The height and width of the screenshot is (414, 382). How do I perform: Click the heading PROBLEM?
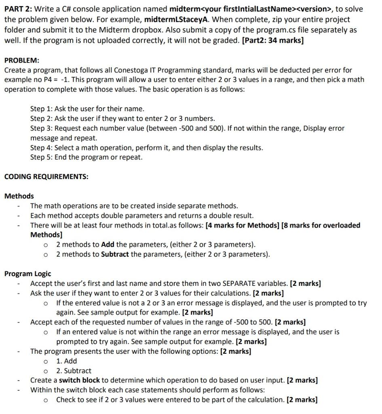[22, 60]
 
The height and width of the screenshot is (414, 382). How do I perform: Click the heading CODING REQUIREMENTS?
[46, 177]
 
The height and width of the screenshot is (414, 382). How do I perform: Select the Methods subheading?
[19, 196]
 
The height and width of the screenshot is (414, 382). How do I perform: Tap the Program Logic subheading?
[28, 274]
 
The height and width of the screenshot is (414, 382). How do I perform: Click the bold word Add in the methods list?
[108, 245]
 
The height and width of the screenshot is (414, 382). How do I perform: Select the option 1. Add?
[66, 361]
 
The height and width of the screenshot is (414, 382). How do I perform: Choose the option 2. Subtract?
[74, 371]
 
